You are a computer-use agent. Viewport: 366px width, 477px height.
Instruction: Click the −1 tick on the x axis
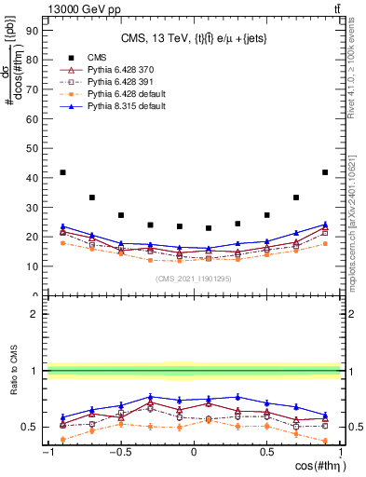tap(47, 453)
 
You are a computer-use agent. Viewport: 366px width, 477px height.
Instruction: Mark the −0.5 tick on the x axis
tap(119, 453)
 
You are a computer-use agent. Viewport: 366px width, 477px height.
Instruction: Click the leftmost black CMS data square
tap(62, 172)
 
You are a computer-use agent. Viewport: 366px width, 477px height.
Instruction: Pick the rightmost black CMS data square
tap(325, 172)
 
